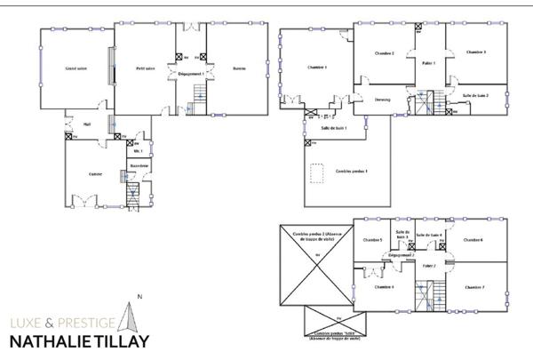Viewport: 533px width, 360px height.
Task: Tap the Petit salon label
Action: point(146,69)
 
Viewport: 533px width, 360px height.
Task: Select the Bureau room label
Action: point(238,69)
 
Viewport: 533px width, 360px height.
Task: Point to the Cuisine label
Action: point(94,174)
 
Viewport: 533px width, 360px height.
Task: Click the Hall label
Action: point(87,124)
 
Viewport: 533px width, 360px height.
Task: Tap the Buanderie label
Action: point(138,166)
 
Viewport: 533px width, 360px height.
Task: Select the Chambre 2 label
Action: point(386,54)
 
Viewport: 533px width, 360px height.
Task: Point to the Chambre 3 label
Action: point(476,52)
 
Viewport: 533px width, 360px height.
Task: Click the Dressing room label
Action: point(383,100)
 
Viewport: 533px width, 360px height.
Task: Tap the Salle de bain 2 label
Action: point(476,95)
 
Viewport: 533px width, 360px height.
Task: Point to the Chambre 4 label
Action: point(385,287)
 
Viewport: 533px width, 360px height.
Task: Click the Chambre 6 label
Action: point(473,240)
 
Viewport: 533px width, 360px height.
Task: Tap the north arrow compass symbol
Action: point(131,316)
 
